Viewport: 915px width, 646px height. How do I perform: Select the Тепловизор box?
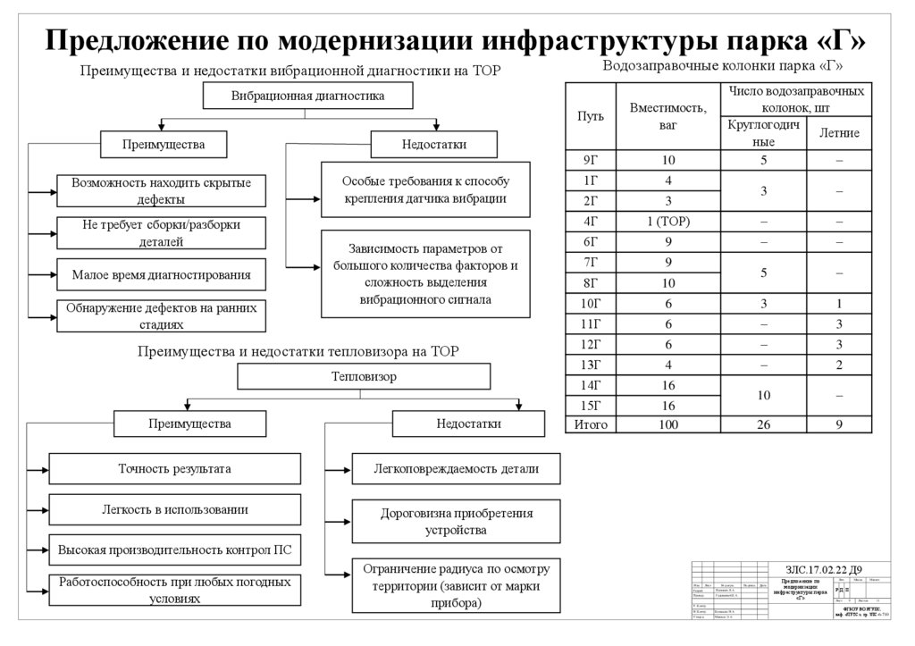click(364, 377)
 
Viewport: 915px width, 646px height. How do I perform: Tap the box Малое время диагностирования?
click(162, 274)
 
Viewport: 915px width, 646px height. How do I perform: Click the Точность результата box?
click(174, 468)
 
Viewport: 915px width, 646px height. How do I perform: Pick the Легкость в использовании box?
click(174, 509)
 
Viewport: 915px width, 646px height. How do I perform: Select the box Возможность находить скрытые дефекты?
click(162, 190)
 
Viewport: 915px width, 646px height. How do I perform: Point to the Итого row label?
click(590, 424)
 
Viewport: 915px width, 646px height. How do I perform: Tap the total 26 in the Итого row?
click(763, 424)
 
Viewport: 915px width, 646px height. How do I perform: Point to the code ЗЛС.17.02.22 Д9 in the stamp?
click(823, 569)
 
